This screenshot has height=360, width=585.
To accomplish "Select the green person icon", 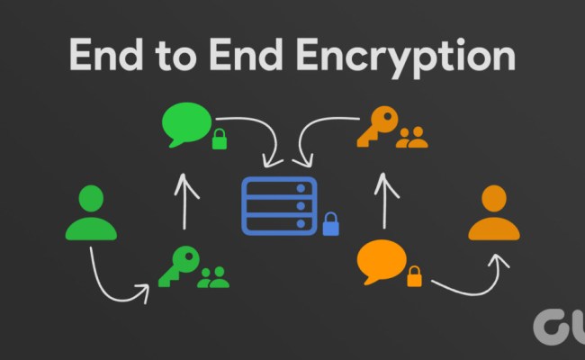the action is [x=91, y=213].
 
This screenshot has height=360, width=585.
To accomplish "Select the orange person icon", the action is [x=493, y=213].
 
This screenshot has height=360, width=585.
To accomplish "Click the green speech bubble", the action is [x=186, y=125].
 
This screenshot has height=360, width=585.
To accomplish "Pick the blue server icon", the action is [x=279, y=206].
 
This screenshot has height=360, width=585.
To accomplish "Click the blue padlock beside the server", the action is [x=331, y=223].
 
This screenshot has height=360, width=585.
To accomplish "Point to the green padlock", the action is [x=219, y=139].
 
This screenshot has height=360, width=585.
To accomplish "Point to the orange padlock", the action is [x=414, y=276].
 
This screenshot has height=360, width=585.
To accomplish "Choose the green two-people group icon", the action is [x=213, y=277].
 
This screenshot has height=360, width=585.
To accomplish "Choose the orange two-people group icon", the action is [x=412, y=137].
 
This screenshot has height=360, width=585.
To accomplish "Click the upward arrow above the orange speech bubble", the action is [x=385, y=200].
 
